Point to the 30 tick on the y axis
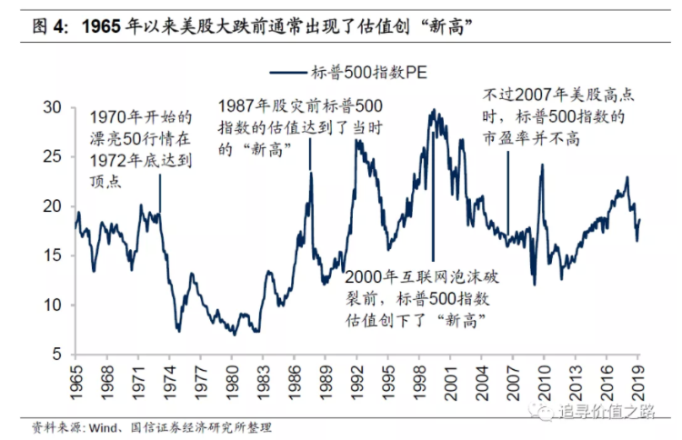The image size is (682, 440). click(x=52, y=107)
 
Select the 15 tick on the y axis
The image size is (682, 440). click(x=52, y=255)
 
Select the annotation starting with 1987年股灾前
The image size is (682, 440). click(x=300, y=126)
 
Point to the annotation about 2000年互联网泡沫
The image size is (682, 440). click(x=424, y=298)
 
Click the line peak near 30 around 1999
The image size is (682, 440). click(x=433, y=110)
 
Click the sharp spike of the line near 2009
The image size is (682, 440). click(x=542, y=165)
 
